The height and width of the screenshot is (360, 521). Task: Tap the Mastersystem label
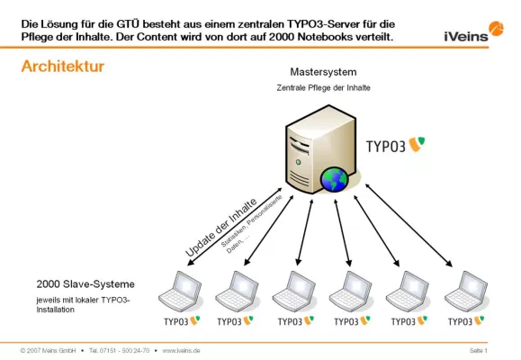322,71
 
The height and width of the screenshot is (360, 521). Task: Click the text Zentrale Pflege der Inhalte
322,88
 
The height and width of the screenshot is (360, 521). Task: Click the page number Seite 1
478,349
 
